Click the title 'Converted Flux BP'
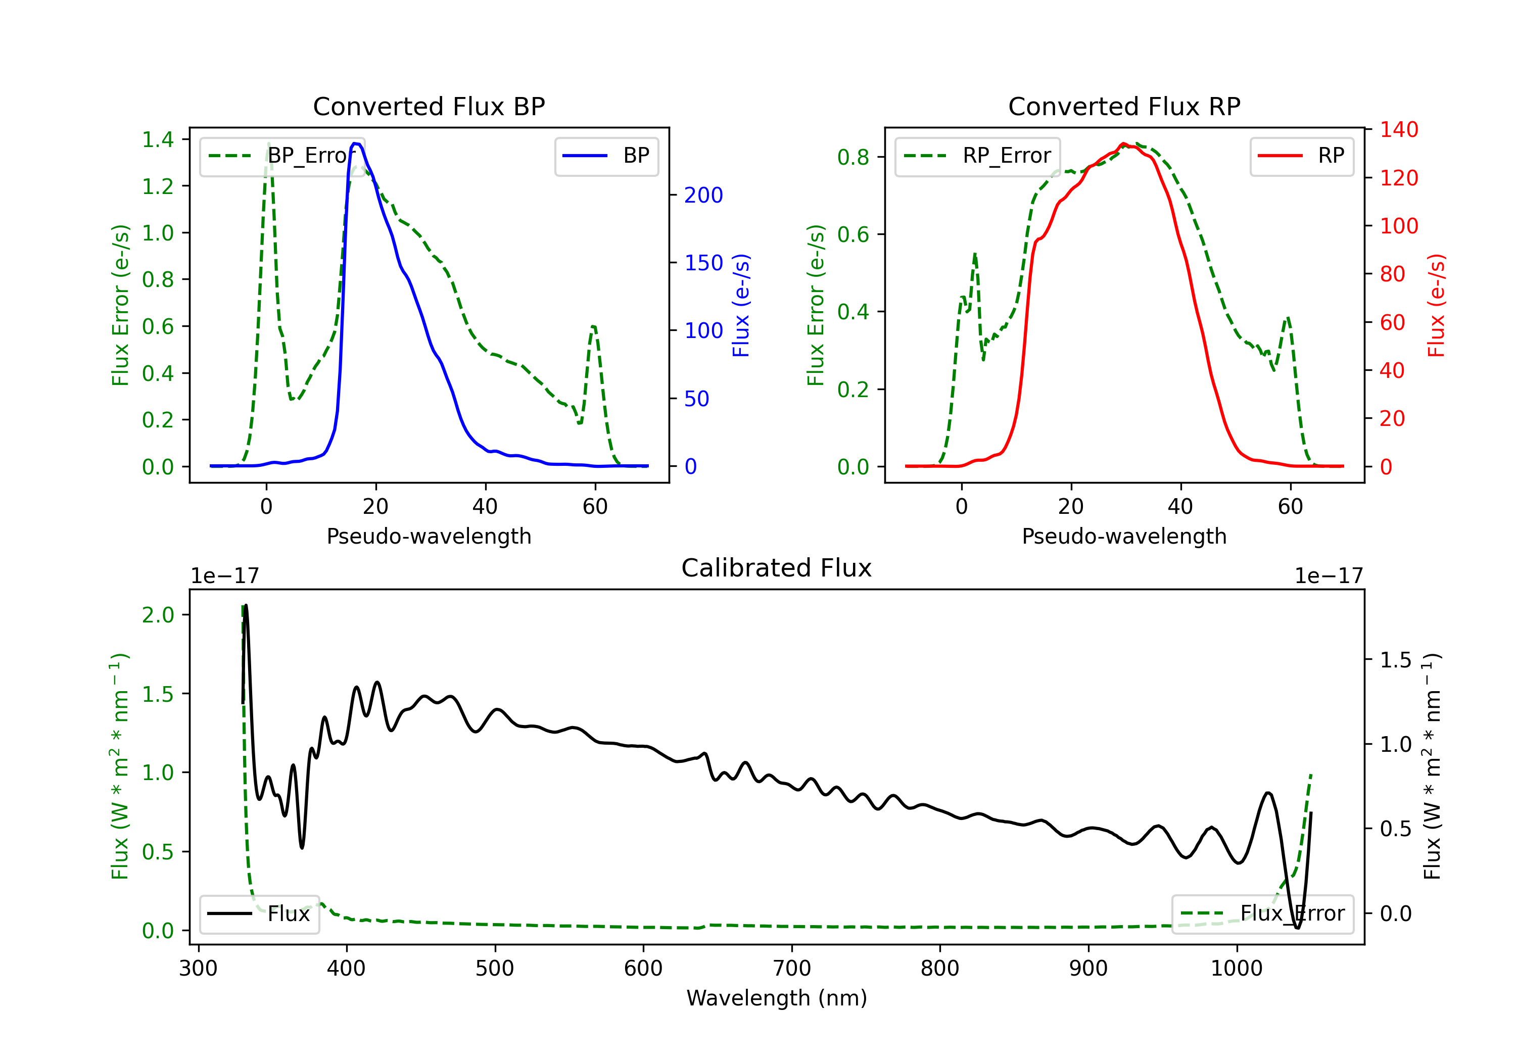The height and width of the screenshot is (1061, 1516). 429,106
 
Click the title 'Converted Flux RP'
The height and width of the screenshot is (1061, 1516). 1124,106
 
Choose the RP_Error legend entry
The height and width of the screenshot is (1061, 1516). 978,156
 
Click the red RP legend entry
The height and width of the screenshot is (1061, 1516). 1301,156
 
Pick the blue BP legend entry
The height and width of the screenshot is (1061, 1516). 606,156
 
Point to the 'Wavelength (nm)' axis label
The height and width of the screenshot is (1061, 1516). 777,998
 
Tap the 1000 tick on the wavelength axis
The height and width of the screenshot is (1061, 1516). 1236,968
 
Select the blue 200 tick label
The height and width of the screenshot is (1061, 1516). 703,195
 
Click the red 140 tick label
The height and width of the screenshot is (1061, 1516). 1398,129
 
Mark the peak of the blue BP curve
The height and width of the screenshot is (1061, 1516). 356,143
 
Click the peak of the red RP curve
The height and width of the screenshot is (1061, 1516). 1124,144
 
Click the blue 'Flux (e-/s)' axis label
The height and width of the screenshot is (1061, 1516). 741,305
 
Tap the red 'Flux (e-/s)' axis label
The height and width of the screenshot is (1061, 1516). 1436,305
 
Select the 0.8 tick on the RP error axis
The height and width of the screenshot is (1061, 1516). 853,157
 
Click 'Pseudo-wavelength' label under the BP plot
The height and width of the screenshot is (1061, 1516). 429,536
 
